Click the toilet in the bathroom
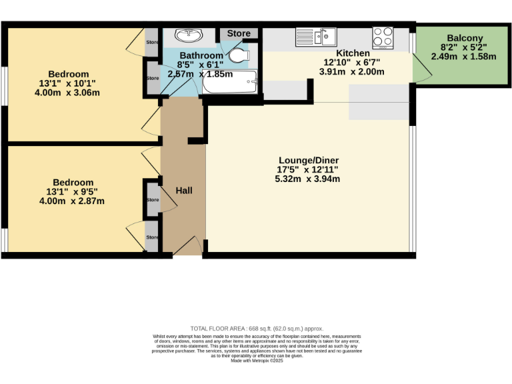tap(239, 54)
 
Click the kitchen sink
tap(318, 35)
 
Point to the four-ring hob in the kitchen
tap(383, 37)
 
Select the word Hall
tap(184, 191)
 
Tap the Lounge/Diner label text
tap(309, 160)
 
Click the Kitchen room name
tap(353, 53)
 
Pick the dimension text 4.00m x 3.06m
tap(68, 93)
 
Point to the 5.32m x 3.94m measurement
tap(309, 179)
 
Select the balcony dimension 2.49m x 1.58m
tap(464, 57)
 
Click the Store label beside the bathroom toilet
tap(239, 33)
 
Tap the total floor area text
tap(257, 329)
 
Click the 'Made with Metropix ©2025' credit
tap(257, 361)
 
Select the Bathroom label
tap(201, 55)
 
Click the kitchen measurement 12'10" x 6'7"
tap(353, 63)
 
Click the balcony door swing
tap(421, 67)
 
